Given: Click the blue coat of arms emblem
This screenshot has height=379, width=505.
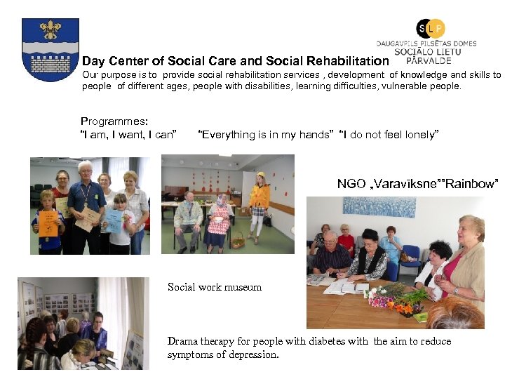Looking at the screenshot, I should (50, 50).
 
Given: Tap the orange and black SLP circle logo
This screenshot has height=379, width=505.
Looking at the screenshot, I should (431, 29).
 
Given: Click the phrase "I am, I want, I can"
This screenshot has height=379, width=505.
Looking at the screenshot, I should (128, 135).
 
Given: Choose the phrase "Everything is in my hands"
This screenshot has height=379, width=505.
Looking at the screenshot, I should (265, 135).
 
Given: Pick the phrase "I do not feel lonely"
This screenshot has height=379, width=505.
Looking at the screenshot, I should (389, 135).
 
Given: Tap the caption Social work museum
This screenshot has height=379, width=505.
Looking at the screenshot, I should (215, 287).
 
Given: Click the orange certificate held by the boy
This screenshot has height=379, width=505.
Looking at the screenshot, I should (48, 221).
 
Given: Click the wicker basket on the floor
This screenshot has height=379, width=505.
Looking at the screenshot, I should (238, 241).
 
